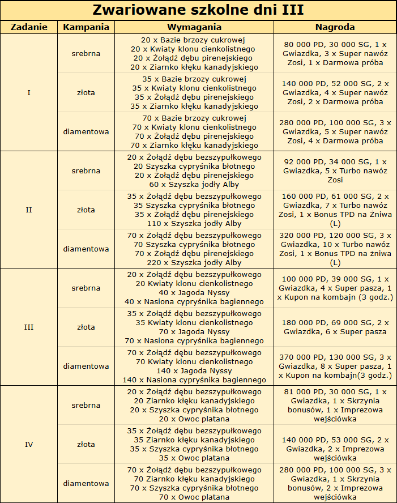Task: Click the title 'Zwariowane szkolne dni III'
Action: click(x=198, y=10)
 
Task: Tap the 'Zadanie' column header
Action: click(x=29, y=27)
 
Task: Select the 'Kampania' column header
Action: click(x=86, y=27)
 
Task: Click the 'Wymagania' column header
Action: click(x=194, y=27)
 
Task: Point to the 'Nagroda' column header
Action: click(x=335, y=27)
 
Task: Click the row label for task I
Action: click(x=29, y=92)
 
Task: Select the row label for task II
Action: click(x=29, y=210)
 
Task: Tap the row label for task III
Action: click(x=29, y=327)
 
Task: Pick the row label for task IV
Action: click(x=29, y=444)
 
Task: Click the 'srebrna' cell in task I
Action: click(x=86, y=54)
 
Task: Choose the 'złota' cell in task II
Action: click(x=86, y=210)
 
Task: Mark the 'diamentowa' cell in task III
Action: click(x=86, y=366)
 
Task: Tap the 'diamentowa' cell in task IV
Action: click(x=86, y=483)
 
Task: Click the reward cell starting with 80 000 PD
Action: click(x=335, y=54)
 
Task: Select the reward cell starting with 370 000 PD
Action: click(x=335, y=366)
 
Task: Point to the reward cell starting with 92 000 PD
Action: click(x=335, y=170)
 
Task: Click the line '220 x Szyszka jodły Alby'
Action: click(x=194, y=263)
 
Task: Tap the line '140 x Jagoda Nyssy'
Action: click(x=194, y=371)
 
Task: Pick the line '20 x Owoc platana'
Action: click(x=194, y=419)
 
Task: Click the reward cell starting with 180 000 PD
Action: click(x=335, y=327)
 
